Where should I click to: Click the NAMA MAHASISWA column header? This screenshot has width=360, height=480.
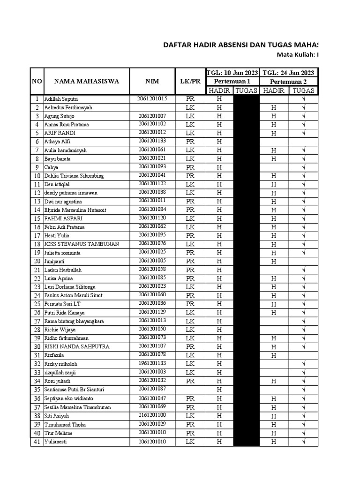tap(86, 81)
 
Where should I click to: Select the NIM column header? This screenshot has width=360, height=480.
tap(152, 81)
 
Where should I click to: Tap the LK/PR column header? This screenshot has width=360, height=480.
tap(190, 81)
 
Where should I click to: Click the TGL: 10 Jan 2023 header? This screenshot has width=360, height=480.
tap(232, 73)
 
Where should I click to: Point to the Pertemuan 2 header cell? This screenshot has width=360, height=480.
tap(288, 82)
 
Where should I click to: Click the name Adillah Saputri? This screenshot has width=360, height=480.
tap(61, 99)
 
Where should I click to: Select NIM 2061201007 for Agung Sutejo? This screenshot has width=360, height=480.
tap(152, 116)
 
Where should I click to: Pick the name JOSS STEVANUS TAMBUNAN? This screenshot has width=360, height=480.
tap(82, 244)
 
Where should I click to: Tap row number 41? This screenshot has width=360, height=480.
tap(37, 442)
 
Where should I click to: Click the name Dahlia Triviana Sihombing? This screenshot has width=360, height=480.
tap(74, 176)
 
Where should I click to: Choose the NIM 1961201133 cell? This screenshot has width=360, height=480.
tap(152, 364)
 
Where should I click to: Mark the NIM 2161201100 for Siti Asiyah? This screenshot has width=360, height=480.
tap(152, 415)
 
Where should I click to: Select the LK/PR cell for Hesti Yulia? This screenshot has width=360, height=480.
tap(190, 236)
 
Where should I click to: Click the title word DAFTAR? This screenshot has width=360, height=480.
tap(178, 45)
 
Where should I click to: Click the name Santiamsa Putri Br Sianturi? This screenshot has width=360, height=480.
tap(74, 390)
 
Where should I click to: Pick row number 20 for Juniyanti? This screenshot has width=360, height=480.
tap(37, 262)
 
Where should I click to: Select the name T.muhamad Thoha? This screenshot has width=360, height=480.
tap(65, 425)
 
